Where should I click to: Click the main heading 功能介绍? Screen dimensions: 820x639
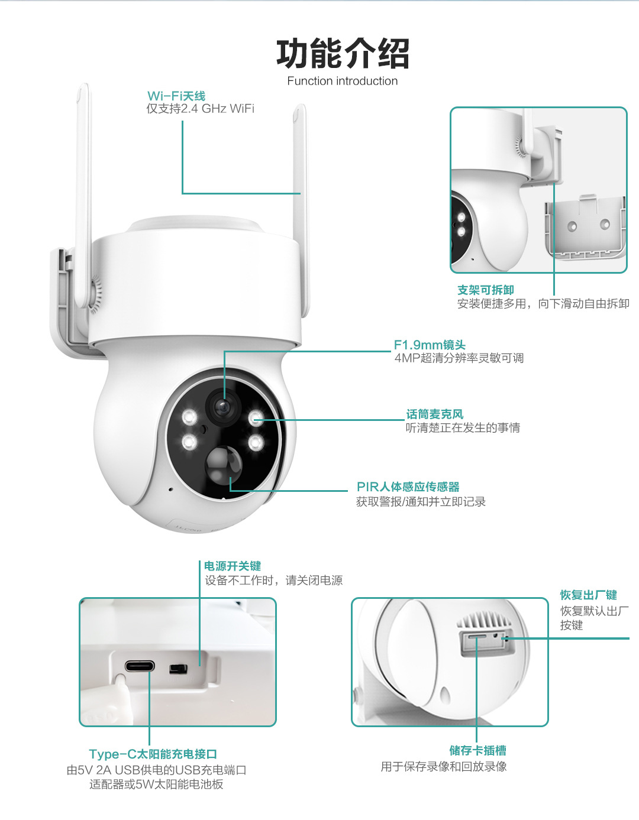pos(343,53)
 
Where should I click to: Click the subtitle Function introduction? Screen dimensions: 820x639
pos(342,81)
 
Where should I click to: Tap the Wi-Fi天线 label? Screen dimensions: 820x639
pos(176,96)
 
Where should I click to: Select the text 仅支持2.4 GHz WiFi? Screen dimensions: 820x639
pos(200,109)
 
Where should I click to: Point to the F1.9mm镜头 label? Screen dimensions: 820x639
pos(430,345)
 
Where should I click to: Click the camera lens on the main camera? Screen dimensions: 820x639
pos(223,407)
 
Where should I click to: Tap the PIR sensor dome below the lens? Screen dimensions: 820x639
pos(224,464)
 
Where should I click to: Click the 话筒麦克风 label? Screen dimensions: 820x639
pos(435,414)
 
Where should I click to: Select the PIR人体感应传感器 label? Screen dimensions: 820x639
pos(408,487)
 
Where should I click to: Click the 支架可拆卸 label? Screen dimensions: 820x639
pos(485,290)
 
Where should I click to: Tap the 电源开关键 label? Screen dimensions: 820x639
pos(232,566)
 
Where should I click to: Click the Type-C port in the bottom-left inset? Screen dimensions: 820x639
pos(140,667)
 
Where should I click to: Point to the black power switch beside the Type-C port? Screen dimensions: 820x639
pos(178,669)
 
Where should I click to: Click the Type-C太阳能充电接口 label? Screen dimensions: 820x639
pos(153,754)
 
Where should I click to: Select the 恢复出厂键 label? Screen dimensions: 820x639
pos(588,595)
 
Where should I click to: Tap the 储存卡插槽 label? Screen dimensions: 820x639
pos(477,750)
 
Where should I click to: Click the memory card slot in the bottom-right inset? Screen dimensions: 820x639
pos(476,637)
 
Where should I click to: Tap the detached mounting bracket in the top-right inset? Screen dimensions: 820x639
pos(585,228)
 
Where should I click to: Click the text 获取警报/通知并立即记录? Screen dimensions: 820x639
pos(421,502)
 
